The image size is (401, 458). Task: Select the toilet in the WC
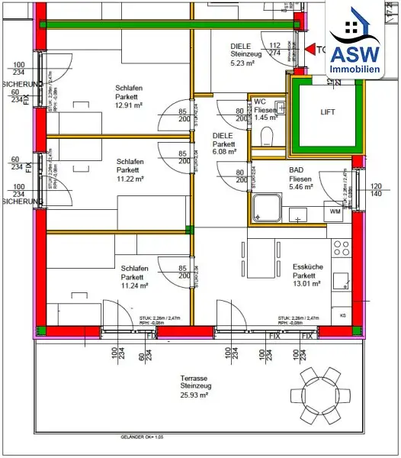click(267, 135)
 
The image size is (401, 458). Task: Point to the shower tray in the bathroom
click(268, 207)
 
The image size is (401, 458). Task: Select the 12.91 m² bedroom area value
click(131, 105)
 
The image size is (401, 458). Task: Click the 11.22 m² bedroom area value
click(131, 179)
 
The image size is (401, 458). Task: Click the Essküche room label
click(306, 266)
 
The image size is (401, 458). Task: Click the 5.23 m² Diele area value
click(246, 64)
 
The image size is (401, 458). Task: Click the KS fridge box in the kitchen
click(342, 314)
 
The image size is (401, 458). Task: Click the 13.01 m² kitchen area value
click(306, 283)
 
